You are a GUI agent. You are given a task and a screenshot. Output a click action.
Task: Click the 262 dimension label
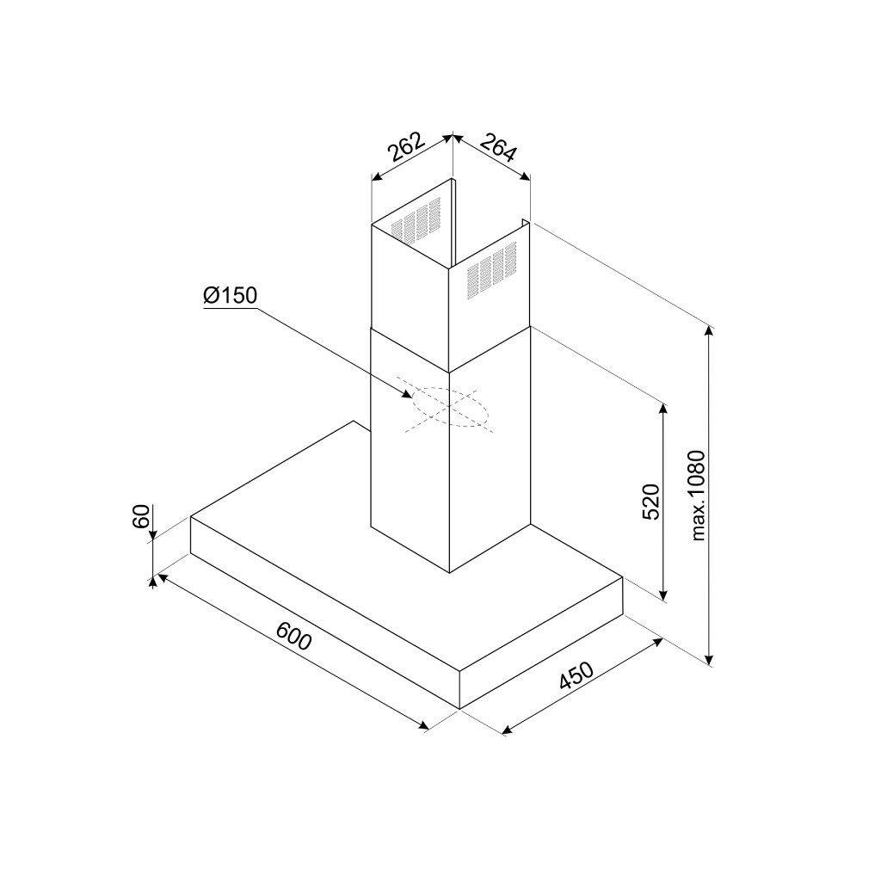click(x=406, y=147)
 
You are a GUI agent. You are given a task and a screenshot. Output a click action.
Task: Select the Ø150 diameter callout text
click(x=231, y=295)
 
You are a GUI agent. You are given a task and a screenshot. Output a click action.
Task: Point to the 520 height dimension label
click(x=651, y=501)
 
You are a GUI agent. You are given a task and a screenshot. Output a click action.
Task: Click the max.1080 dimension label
click(x=698, y=496)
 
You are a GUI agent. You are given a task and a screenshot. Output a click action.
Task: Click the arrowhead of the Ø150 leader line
click(x=409, y=395)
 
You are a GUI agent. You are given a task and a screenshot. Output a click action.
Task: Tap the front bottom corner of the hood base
click(x=461, y=708)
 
